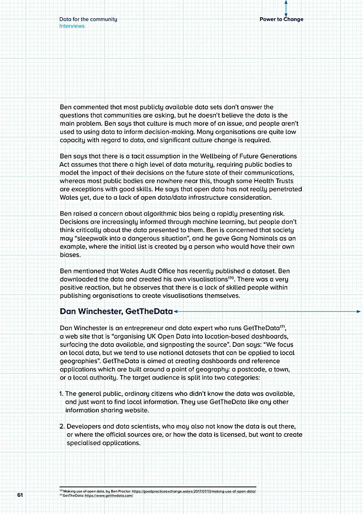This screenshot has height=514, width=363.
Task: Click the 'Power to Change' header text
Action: (x=281, y=20)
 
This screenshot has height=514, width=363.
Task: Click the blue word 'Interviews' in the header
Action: (x=72, y=26)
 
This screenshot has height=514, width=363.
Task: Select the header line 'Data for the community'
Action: (x=88, y=20)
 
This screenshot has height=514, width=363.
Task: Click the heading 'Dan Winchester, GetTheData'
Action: (x=116, y=311)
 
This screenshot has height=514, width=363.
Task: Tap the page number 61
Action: (x=20, y=494)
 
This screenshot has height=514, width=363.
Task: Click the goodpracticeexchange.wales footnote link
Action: (x=194, y=491)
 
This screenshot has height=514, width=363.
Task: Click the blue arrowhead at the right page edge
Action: (x=358, y=311)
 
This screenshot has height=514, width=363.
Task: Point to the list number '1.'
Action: (x=62, y=394)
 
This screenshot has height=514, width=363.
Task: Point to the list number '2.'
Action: (x=62, y=427)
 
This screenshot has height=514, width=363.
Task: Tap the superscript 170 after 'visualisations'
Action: (x=231, y=277)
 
